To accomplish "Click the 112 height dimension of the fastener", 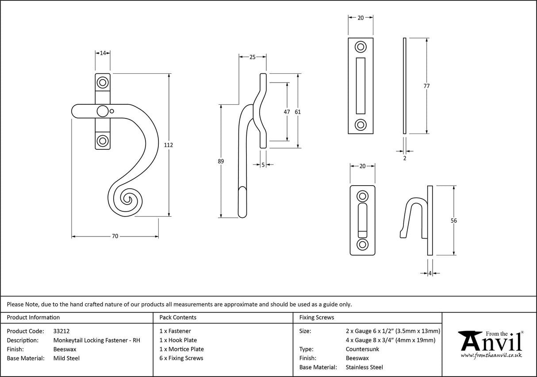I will (169, 145).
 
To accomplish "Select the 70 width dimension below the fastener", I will (115, 236).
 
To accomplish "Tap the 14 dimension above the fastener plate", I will (103, 53).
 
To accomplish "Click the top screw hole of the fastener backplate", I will (103, 82).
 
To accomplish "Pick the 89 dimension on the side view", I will (221, 162).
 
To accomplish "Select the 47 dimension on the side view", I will (287, 112).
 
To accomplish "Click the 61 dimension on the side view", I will (298, 112).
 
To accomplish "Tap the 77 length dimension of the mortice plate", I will (426, 86).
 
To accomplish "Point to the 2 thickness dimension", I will (404, 157).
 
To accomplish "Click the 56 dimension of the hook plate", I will (453, 221).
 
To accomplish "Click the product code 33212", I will (61, 331).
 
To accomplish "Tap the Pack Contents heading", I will (178, 317).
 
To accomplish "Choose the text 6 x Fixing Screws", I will (181, 358).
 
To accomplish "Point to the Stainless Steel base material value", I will (364, 367).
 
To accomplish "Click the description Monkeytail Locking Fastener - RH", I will (96, 340).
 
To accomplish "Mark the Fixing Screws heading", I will (317, 317).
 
